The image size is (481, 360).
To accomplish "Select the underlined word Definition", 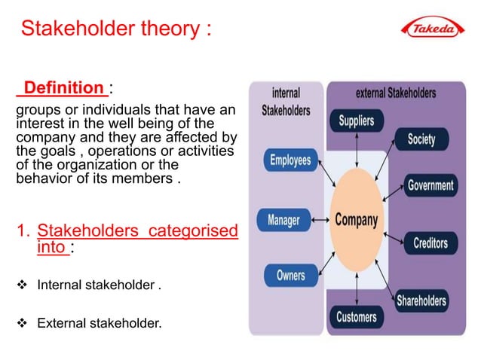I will [x=64, y=88].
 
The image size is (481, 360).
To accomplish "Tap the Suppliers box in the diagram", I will [x=356, y=121].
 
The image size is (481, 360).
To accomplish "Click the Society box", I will [x=421, y=139].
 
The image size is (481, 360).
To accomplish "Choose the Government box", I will [x=430, y=185].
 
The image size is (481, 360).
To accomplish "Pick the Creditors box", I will [x=430, y=243].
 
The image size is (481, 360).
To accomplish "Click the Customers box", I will [x=356, y=316].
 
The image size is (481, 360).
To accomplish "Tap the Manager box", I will [x=283, y=220].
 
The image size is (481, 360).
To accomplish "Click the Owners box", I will [x=290, y=275].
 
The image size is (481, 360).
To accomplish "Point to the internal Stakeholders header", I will [x=285, y=102].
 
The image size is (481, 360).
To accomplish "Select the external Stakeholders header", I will [x=395, y=93].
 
